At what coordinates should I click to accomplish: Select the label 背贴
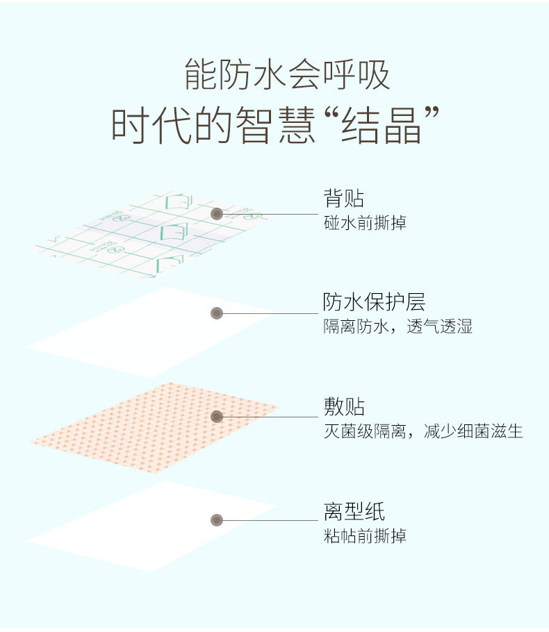coord(343,198)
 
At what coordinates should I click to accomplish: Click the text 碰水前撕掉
coord(365,223)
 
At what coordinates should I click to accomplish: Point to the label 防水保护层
coord(374,301)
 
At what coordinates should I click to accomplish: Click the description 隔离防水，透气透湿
coord(398,326)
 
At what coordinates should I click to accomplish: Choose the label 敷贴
coord(343,406)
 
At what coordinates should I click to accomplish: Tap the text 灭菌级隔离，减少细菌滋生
coord(423,431)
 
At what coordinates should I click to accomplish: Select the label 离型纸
coord(354,512)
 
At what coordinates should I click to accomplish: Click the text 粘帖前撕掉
coord(365,536)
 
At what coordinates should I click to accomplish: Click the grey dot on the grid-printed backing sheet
coord(217,214)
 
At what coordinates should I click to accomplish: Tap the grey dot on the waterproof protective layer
coord(217,313)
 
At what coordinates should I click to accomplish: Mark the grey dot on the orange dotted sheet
coord(217,417)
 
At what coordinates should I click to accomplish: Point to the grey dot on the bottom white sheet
coord(217,519)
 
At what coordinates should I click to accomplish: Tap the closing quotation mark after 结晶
coord(434,115)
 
